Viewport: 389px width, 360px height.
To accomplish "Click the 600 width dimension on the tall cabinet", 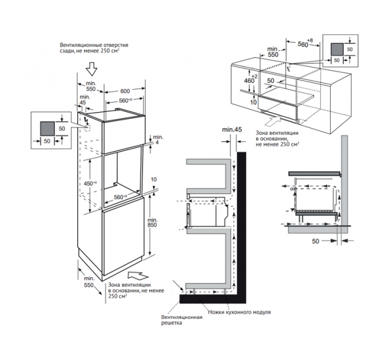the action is coord(125,91).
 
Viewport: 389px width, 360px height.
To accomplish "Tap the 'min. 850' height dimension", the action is coord(152,222).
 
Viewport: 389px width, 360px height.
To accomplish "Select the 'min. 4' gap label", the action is coord(157,140).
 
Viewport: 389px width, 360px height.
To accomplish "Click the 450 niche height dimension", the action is coord(90,183).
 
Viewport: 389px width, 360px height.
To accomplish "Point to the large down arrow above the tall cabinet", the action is coord(92,69).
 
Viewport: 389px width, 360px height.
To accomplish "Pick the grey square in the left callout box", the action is coord(47,129).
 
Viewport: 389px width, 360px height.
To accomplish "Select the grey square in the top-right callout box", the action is coord(337,49).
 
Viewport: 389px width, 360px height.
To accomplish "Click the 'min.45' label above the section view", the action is coord(232,129).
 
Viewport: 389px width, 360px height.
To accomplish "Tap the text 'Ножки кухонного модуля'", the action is coord(239,312).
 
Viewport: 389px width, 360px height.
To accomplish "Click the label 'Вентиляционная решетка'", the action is coord(181,320).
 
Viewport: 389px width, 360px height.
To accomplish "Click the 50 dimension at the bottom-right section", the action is coord(315,241).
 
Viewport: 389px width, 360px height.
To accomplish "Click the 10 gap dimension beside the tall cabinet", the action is coord(153,179).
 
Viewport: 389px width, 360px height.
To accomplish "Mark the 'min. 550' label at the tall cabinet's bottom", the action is coord(89,282).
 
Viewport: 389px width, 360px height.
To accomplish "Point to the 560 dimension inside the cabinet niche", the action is coord(120,197).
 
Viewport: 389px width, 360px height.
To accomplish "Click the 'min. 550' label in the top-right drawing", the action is coord(273,52).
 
